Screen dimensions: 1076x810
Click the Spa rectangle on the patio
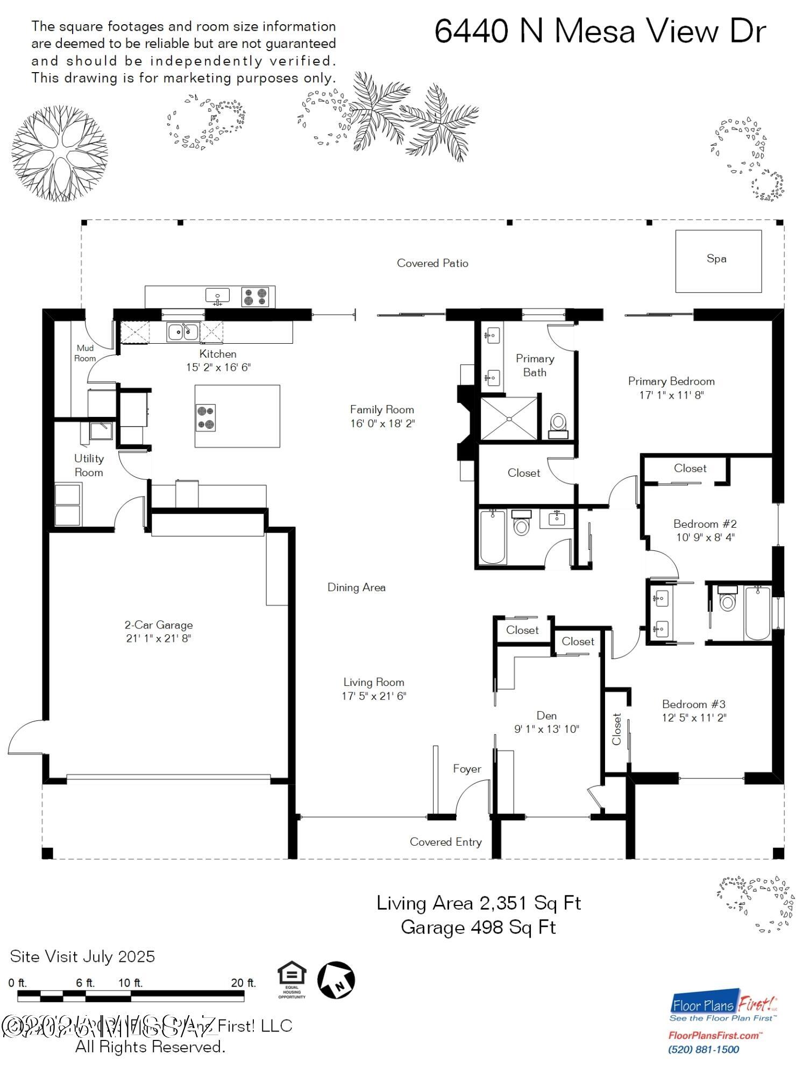point(718,261)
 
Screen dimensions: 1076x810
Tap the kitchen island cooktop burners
point(205,417)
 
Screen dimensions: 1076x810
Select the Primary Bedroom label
point(671,381)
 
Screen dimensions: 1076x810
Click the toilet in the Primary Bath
point(558,424)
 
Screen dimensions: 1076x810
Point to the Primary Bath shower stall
point(508,419)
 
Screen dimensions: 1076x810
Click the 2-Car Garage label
point(159,625)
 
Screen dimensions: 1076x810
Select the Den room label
point(546,716)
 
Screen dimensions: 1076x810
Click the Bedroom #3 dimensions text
point(694,718)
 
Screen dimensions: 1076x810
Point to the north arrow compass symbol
point(336,979)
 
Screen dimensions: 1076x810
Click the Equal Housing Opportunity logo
point(292,980)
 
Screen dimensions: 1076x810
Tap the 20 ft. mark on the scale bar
point(243,983)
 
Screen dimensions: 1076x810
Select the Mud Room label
point(85,353)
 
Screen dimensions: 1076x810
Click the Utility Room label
point(89,465)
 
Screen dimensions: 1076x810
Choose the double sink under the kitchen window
point(183,331)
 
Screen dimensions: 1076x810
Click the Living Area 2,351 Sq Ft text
point(478,903)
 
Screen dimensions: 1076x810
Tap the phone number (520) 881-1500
point(703,1050)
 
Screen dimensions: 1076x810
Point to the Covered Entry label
point(445,842)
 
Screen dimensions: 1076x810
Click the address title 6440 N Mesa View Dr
point(600,31)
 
